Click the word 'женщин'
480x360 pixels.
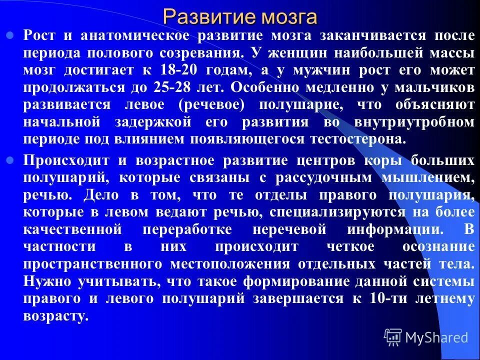pos(289,53)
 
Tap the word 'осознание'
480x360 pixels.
pos(438,247)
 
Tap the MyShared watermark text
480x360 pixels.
pos(436,337)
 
